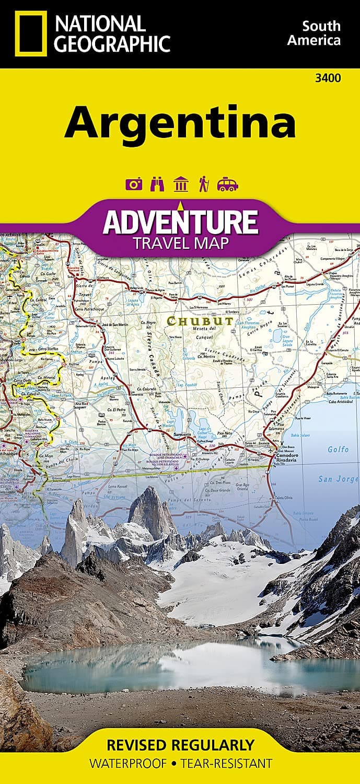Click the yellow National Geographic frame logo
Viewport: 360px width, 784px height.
31,33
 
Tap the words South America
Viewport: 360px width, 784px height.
321,33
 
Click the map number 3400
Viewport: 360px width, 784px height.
329,79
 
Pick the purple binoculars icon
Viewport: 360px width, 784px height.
156,184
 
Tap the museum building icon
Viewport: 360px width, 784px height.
180,184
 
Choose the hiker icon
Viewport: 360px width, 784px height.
204,184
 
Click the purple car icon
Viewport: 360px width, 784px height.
228,184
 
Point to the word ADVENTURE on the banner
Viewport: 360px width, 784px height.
180,222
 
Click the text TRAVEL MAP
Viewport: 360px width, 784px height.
180,243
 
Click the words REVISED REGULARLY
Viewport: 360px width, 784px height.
180,744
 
